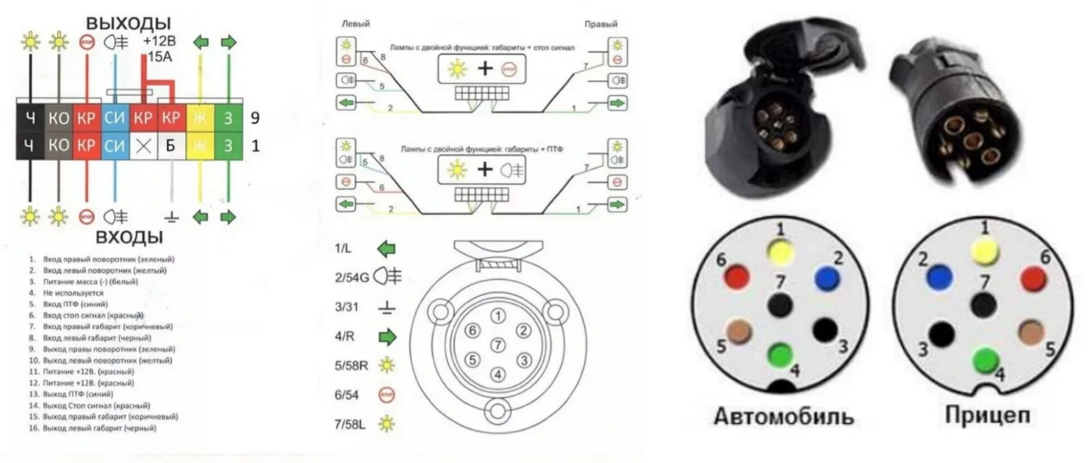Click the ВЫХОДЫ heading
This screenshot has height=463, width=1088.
point(128,23)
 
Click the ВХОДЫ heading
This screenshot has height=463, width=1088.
point(129,237)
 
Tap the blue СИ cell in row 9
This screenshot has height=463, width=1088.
point(114,118)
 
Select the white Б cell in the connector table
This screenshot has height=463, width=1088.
point(171,146)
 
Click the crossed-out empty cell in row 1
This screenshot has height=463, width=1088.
point(143,146)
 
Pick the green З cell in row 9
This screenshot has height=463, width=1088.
point(228,118)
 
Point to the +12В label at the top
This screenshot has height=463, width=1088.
point(159,41)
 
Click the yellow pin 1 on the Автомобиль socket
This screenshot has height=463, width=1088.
point(780,252)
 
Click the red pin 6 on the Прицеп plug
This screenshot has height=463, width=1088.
point(1032,279)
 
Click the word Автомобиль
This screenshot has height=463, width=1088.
point(783,417)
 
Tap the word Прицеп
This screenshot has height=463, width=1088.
point(987,415)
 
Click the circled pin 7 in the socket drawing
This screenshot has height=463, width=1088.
point(498,345)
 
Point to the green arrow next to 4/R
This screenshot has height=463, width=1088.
point(387,337)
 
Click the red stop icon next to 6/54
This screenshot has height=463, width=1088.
point(386,395)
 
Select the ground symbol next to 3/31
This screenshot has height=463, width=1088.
point(387,308)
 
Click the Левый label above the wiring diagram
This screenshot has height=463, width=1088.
point(355,24)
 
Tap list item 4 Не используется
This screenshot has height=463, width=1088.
point(73,293)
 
